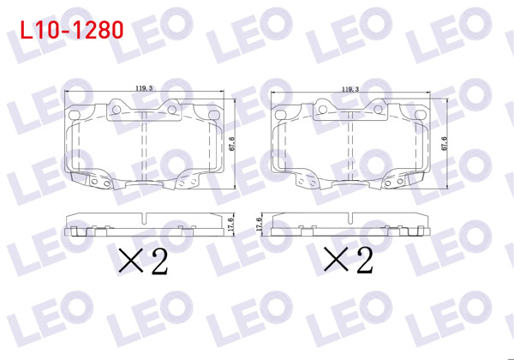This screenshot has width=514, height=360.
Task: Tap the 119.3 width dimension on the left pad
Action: [144, 87]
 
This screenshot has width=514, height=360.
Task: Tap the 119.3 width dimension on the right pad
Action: [350, 87]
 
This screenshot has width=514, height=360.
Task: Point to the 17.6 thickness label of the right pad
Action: [260, 225]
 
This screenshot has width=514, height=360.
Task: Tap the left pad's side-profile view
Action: [144, 225]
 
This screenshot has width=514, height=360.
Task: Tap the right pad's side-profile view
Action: [350, 225]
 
